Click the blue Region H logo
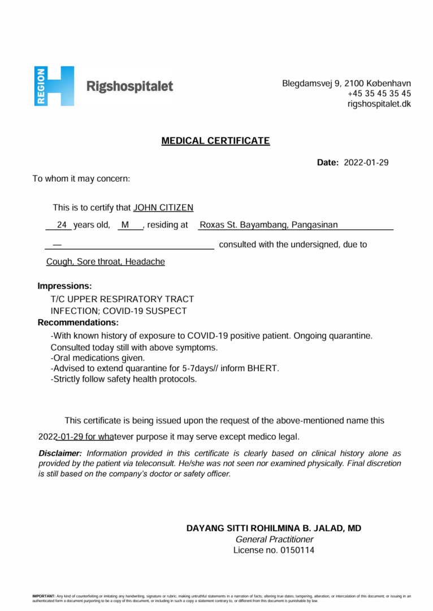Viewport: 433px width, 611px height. (54, 86)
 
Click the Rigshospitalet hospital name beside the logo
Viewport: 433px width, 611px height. (129, 87)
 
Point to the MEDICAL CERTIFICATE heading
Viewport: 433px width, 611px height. (215, 141)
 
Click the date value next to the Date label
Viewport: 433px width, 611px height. (366, 162)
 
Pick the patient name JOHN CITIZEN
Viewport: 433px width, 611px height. (163, 208)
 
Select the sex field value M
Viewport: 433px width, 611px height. (125, 225)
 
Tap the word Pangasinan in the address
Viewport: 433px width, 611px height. (315, 225)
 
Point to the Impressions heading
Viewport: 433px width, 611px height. (64, 286)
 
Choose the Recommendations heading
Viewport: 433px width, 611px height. (78, 322)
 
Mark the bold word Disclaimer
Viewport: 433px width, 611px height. (60, 453)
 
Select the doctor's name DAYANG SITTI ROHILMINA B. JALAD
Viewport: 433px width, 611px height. (267, 528)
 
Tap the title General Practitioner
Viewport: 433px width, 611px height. (274, 539)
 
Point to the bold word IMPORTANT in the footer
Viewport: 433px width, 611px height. (44, 596)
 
